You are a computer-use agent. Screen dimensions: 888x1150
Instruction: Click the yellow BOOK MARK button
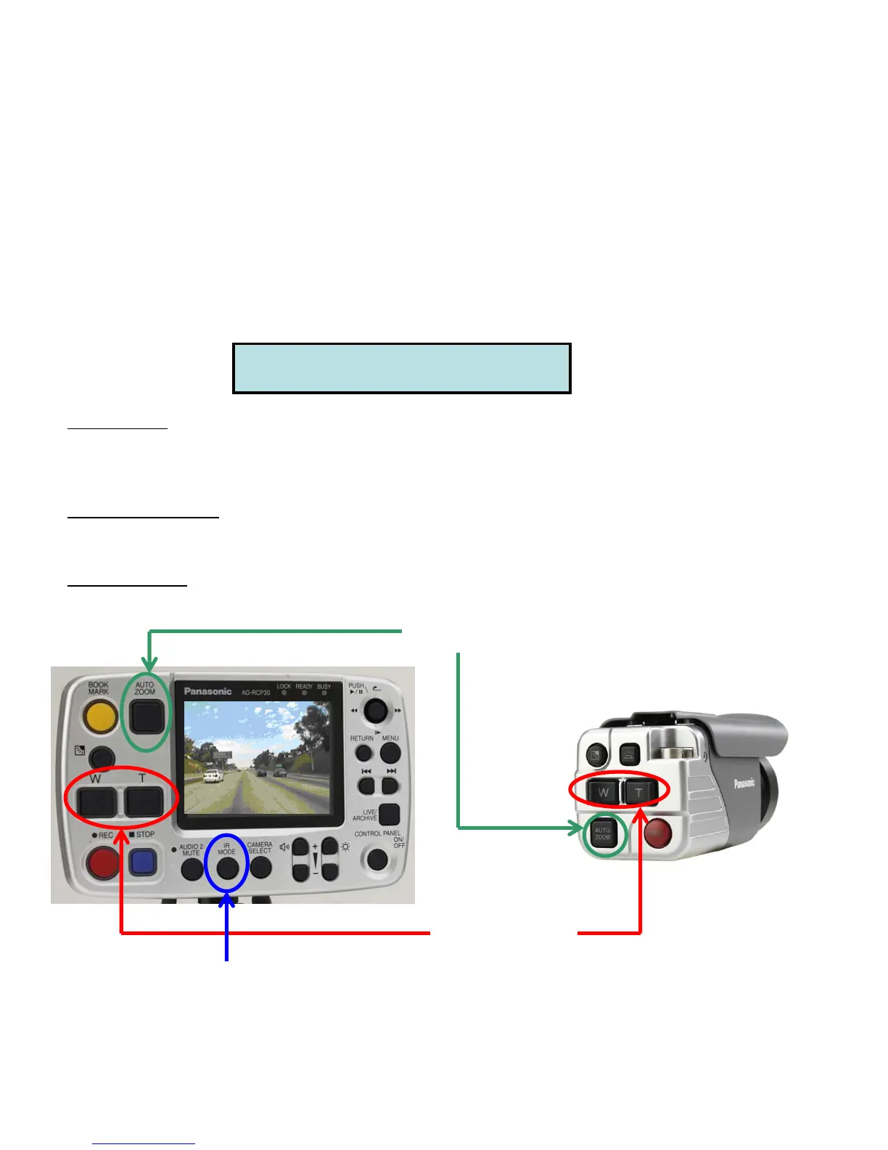(100, 718)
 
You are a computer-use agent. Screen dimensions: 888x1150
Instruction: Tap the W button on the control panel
(96, 802)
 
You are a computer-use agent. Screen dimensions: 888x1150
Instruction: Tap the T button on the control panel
(144, 802)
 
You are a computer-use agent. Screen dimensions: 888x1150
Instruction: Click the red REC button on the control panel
(103, 863)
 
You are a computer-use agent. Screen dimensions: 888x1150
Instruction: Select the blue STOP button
(143, 862)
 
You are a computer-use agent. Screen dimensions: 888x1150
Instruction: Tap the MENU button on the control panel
(390, 754)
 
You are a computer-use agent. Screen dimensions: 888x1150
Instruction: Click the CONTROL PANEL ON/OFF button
(378, 860)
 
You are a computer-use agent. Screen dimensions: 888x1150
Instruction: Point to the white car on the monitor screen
(211, 776)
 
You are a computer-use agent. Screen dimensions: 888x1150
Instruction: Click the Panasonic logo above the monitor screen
(207, 691)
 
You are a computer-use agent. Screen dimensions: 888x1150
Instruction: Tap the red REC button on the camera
(657, 833)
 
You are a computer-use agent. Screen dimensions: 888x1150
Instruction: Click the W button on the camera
(603, 792)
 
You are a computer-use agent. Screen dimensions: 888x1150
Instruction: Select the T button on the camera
(639, 792)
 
